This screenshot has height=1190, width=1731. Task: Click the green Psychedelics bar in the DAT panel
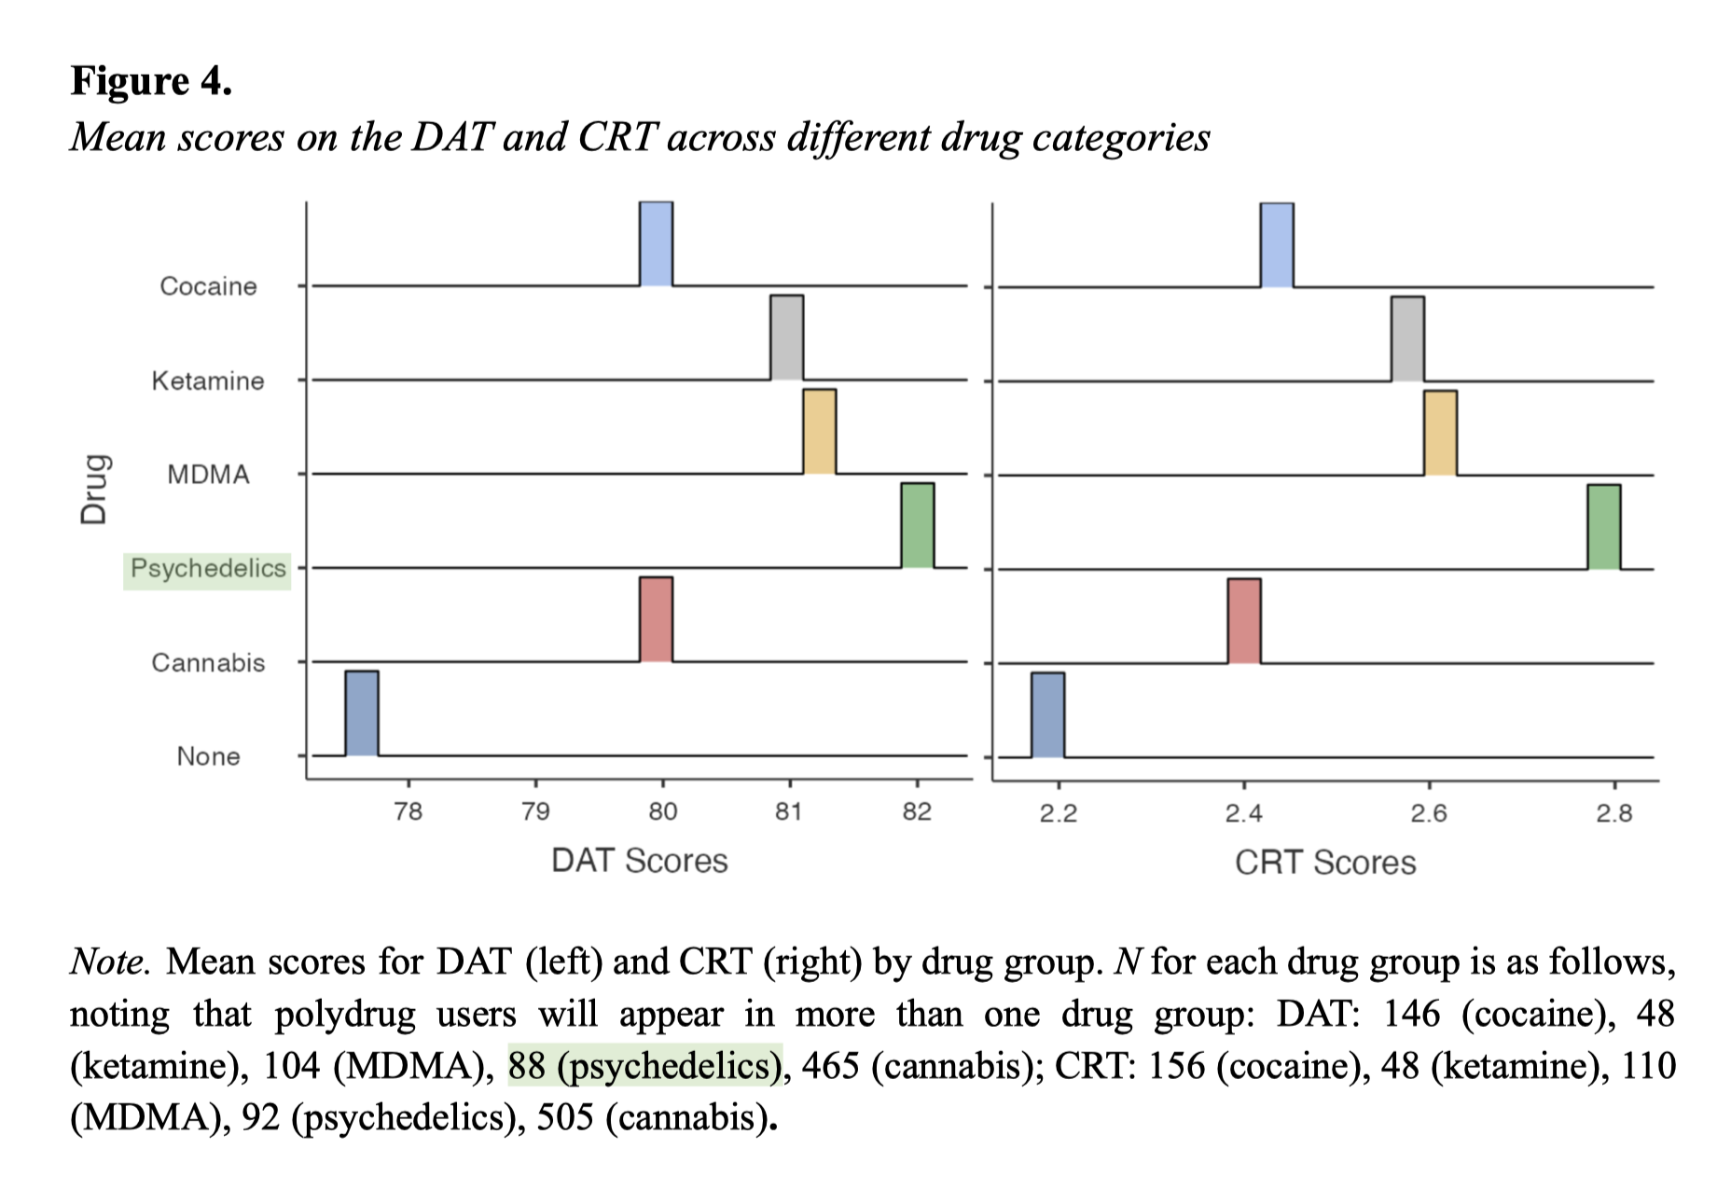click(917, 525)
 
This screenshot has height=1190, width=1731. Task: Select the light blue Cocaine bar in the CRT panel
click(1276, 245)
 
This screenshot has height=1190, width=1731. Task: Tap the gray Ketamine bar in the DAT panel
click(786, 338)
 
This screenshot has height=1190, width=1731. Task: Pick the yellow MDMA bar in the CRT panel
click(1440, 433)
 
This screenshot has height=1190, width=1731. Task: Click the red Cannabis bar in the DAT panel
click(656, 619)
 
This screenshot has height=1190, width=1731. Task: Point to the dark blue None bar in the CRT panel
click(1047, 714)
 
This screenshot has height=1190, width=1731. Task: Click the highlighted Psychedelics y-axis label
click(207, 569)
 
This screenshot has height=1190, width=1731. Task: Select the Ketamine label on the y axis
click(207, 381)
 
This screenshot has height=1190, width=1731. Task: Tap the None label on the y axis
click(208, 756)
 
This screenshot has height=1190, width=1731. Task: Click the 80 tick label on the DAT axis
click(662, 812)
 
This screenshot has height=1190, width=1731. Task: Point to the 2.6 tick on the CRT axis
click(1428, 814)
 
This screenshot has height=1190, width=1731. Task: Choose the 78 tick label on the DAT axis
click(408, 812)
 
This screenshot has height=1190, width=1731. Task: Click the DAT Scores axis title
click(639, 861)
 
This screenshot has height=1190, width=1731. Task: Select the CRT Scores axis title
click(1324, 863)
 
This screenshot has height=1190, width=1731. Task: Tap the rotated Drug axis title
click(94, 490)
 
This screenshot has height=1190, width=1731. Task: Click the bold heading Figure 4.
click(151, 81)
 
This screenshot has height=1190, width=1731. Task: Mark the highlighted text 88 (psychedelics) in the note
click(644, 1066)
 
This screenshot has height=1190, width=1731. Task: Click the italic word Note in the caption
click(107, 962)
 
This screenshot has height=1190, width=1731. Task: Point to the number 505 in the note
click(564, 1117)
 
